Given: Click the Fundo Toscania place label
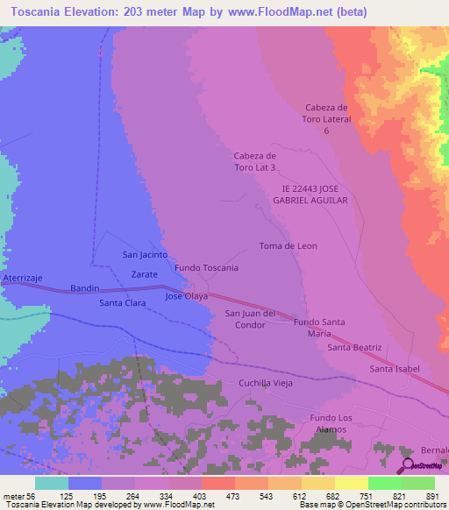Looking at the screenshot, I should point(206,267).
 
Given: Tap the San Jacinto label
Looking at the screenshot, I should point(145,255).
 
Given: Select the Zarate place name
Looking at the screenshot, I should point(144,274).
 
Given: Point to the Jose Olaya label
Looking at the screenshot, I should point(187,296).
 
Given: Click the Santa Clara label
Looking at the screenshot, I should point(122,303).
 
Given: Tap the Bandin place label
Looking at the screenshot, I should point(84,288).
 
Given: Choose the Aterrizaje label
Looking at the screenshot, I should point(22,278).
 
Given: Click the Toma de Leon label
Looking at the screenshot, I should point(288,246).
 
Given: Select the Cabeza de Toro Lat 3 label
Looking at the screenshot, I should point(255,161).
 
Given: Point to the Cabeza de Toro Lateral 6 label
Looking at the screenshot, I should point(327,118).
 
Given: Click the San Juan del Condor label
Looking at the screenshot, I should point(251,319).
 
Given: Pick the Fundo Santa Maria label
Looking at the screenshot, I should point(318,328).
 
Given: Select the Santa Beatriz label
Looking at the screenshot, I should point(354,348).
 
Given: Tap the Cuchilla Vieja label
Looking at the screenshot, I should point(265,383).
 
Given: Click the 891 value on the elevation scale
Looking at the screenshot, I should point(431,496).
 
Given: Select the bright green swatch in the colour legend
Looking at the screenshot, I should point(385,483).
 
